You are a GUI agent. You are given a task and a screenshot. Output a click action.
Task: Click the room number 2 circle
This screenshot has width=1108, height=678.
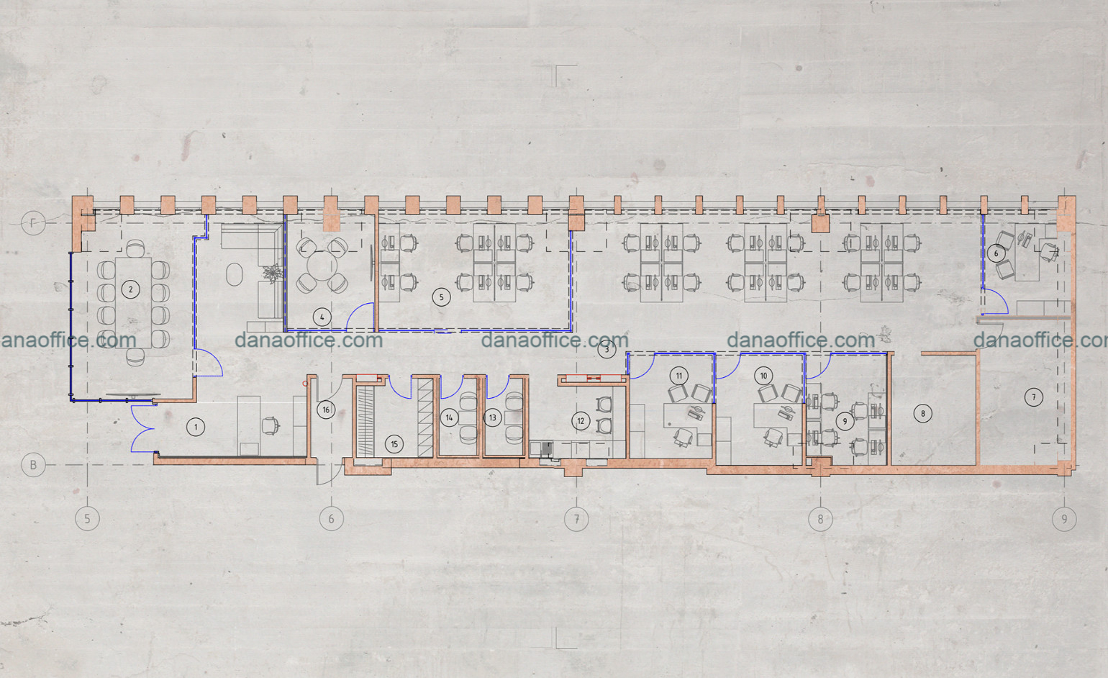pos(131,289)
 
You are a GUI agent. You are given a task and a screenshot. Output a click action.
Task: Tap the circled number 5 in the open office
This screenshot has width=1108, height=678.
pos(441,297)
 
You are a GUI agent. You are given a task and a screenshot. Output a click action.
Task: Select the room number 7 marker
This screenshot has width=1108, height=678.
pos(1033,397)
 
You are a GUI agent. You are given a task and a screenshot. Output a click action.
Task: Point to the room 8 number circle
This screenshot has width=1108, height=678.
pos(922,413)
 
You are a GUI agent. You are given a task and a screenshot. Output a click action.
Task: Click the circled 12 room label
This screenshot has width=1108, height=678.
pos(581,421)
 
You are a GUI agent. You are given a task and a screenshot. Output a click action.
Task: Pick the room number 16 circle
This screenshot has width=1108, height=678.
pos(326,410)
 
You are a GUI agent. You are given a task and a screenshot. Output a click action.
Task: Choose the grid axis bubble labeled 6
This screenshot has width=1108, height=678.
pos(332,519)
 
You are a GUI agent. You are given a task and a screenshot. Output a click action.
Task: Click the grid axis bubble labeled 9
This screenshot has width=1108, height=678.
pos(1064,519)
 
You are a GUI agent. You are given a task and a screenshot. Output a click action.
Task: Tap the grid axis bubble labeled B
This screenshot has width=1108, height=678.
pos(34,465)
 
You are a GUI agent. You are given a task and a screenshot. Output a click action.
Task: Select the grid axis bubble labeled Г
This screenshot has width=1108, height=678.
pos(33,222)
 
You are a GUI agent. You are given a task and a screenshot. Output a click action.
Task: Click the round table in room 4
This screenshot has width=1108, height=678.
pos(322,266)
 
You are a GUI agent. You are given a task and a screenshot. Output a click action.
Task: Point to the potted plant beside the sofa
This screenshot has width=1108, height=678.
pos(271,274)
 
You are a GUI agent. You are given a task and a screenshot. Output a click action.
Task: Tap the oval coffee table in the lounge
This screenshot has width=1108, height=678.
pos(235,274)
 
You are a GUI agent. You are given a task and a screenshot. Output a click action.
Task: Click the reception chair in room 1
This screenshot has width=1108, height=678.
pos(270,425)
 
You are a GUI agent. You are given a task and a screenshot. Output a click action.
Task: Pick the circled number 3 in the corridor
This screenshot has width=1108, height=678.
pos(607,349)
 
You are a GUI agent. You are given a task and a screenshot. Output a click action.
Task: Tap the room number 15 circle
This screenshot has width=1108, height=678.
pos(394,444)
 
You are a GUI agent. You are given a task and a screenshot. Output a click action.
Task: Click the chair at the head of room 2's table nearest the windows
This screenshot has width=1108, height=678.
pos(135,248)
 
